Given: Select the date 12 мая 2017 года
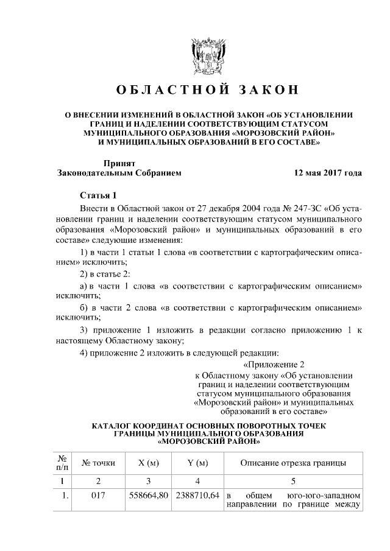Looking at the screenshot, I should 328,173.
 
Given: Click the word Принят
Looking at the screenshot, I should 119,163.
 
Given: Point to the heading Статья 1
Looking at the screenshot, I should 98,195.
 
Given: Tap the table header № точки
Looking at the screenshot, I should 98,463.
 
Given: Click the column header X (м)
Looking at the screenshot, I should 149,463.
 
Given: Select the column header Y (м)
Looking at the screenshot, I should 197,463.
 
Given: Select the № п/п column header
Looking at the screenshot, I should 62,463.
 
